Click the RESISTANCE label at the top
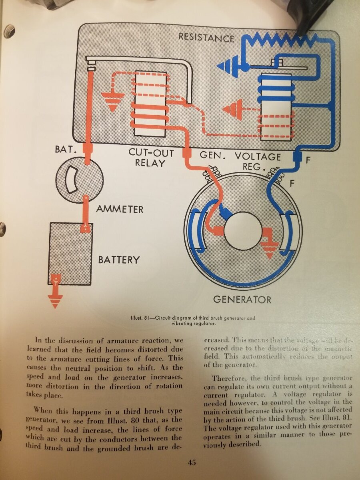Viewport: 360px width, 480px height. coord(206,38)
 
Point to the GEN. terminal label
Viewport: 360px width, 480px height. coord(210,154)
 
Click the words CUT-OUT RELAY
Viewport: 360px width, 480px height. coord(151,158)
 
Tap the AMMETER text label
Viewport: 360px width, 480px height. coord(120,209)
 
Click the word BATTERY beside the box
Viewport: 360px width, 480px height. coord(119,260)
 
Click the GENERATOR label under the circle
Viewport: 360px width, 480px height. coord(242,299)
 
